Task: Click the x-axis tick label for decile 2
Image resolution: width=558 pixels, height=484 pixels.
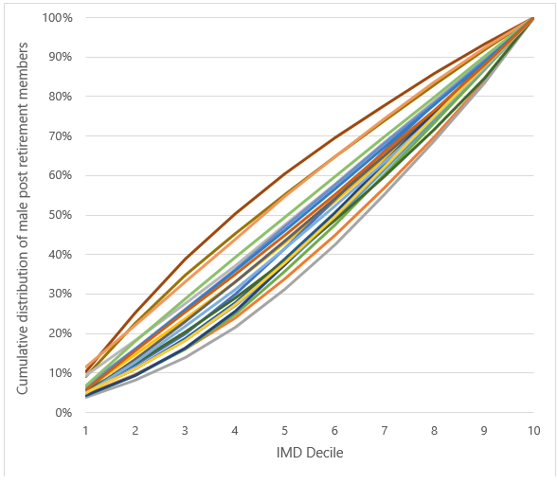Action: [135, 430]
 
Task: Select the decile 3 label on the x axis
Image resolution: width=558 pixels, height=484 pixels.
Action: [185, 430]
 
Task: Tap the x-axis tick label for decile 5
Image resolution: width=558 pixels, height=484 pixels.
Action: [284, 430]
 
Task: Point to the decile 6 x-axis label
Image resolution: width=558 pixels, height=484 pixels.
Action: [334, 430]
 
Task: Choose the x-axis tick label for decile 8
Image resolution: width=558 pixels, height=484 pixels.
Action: [434, 430]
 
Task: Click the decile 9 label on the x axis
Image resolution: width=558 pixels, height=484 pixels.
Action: [483, 430]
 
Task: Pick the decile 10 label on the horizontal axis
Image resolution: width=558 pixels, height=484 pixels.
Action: [532, 430]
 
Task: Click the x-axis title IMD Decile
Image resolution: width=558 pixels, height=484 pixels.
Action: [309, 453]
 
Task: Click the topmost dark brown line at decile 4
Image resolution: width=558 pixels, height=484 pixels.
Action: [235, 214]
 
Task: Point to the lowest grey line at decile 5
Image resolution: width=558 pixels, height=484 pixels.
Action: [284, 287]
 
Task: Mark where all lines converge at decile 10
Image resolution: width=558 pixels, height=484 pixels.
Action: [532, 18]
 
